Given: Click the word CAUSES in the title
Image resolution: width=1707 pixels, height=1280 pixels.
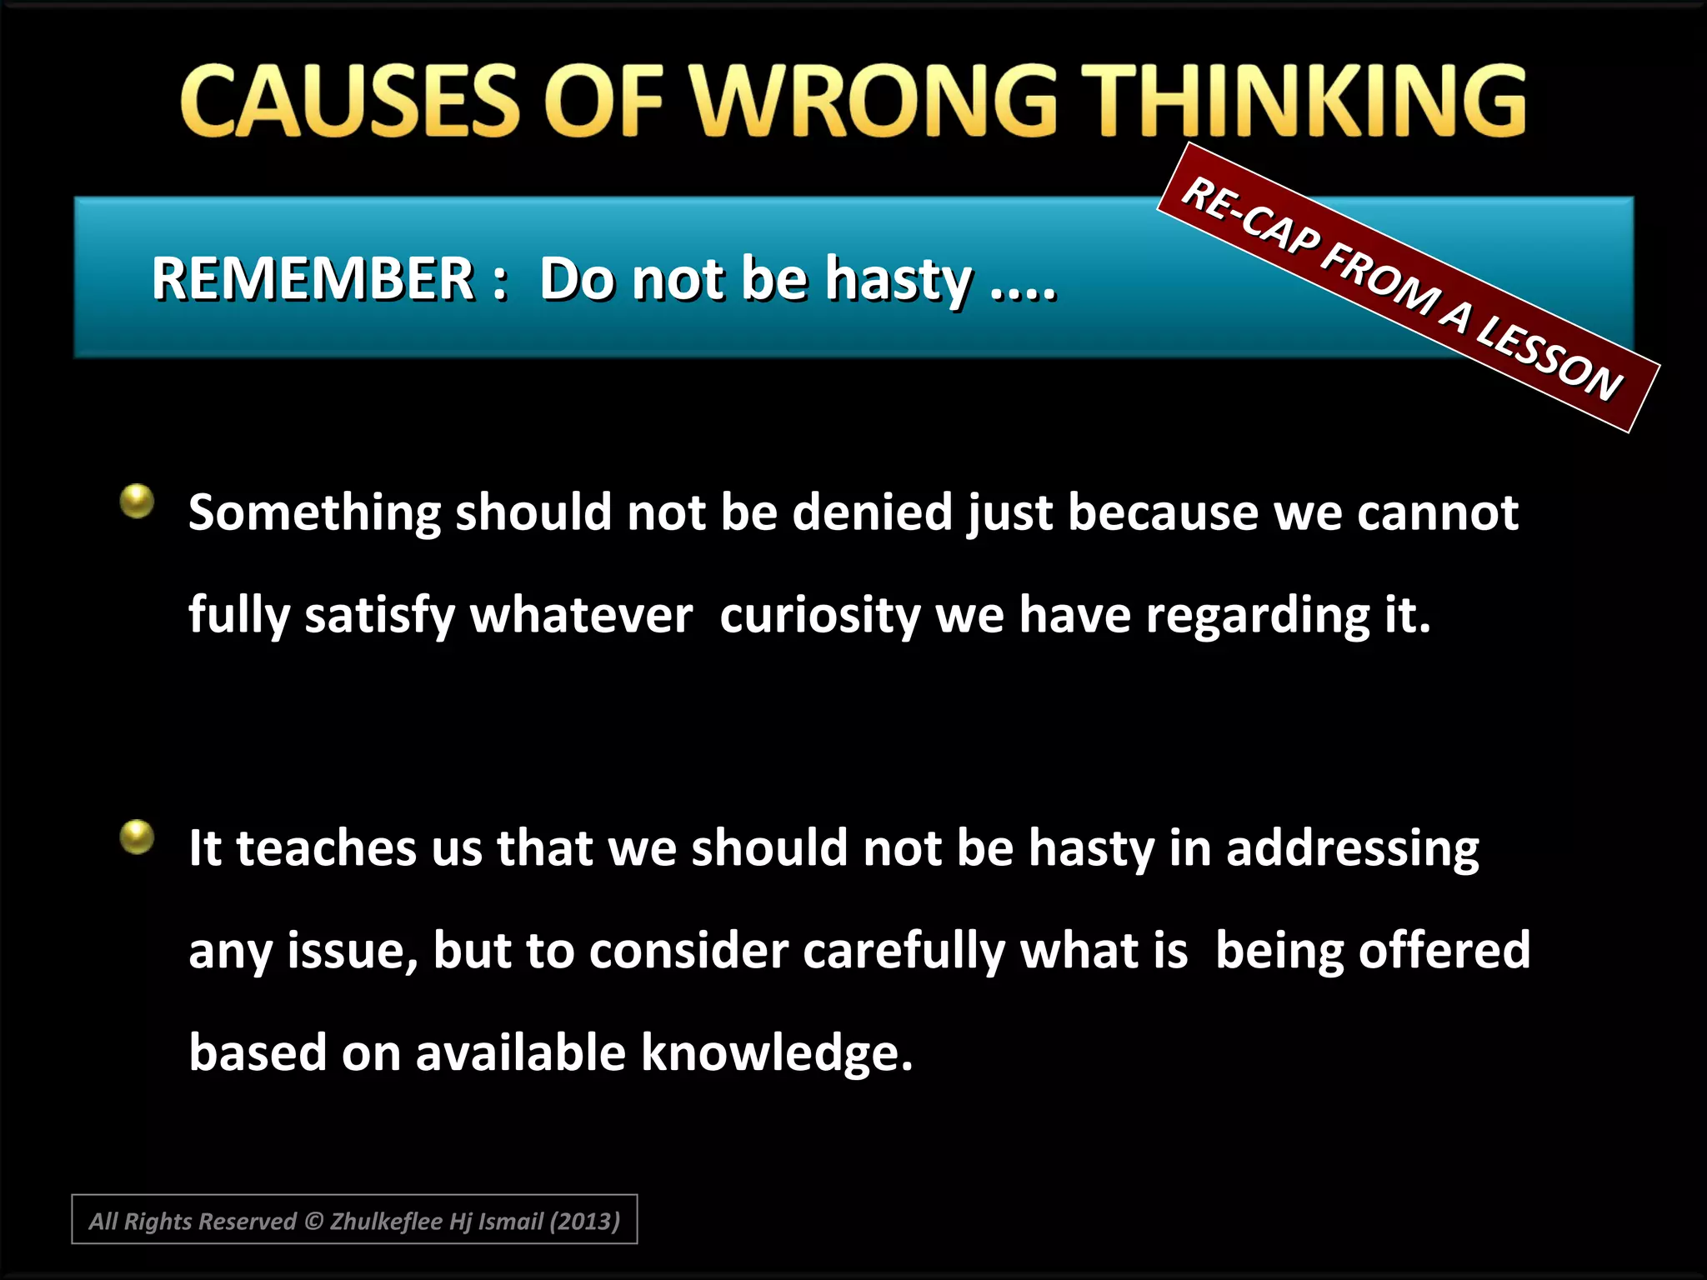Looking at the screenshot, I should [x=350, y=102].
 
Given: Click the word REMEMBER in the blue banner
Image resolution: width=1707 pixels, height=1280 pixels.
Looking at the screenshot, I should [x=313, y=278].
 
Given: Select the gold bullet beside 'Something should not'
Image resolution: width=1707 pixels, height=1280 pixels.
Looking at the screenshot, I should [x=138, y=502].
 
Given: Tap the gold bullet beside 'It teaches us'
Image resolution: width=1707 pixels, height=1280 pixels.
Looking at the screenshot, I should [x=138, y=837].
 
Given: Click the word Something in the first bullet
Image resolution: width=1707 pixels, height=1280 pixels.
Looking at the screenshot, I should [x=313, y=512].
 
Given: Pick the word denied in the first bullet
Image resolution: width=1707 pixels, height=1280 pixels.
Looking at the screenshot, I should [x=872, y=512].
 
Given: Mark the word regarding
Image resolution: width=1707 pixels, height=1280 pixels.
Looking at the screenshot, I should [x=1257, y=616].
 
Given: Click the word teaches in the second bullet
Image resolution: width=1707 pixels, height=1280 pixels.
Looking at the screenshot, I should [x=326, y=848].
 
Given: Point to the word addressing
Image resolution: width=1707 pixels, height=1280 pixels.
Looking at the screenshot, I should [x=1352, y=848].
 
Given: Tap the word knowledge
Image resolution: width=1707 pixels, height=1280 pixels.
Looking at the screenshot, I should [x=777, y=1052].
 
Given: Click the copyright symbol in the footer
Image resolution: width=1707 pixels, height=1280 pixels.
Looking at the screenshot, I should [x=313, y=1221].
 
